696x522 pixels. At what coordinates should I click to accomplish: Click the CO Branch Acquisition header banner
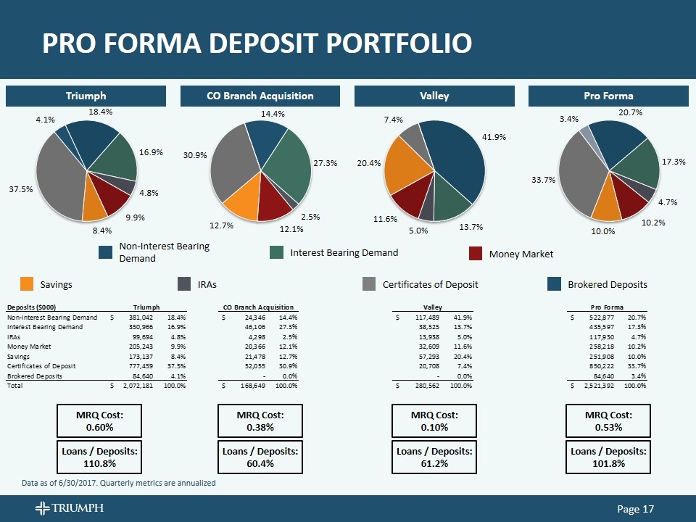(260, 96)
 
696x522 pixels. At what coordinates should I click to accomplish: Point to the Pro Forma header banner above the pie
(608, 96)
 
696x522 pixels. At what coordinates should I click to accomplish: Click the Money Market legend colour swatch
(476, 253)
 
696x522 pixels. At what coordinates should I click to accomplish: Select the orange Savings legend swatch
(27, 283)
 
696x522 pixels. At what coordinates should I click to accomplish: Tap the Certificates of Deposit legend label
(430, 284)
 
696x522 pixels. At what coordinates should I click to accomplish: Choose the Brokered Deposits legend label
(607, 284)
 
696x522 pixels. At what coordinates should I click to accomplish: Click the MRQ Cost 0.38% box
(260, 420)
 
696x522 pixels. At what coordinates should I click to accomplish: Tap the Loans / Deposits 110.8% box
(99, 457)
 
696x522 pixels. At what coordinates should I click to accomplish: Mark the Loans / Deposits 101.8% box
(608, 457)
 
